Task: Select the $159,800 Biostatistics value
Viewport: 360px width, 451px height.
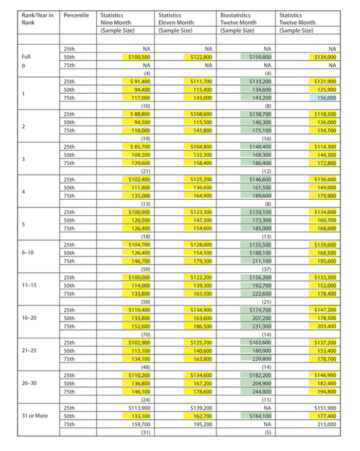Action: point(259,57)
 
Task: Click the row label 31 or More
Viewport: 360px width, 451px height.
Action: point(34,415)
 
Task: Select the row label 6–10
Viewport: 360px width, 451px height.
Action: point(27,253)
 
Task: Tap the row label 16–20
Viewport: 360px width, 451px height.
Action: point(29,318)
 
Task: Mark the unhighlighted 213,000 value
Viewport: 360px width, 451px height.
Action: point(325,423)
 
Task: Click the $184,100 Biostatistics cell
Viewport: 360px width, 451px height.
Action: point(259,415)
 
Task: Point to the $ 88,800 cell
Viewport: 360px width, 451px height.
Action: point(138,113)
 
